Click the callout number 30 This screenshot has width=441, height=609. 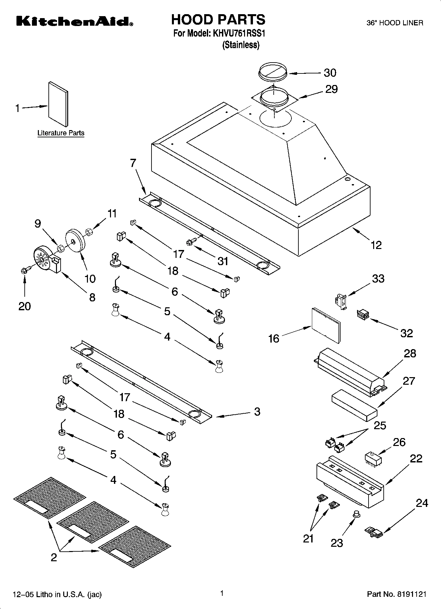point(330,73)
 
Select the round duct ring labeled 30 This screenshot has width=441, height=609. point(272,70)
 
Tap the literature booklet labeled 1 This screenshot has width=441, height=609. point(58,104)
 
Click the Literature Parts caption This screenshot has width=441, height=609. point(61,133)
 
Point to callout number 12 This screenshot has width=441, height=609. point(376,245)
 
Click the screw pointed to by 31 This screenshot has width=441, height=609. point(190,242)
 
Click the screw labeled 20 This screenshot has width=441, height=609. point(25,270)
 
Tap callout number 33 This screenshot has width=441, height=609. point(378,279)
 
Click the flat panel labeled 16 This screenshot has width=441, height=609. point(326,325)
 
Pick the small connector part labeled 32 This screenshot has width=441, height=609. point(362,315)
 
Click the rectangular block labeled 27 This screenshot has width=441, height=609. point(354,405)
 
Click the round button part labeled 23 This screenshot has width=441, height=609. point(356,513)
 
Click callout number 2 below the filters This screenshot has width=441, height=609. point(54,557)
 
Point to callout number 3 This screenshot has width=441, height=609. point(257,411)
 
